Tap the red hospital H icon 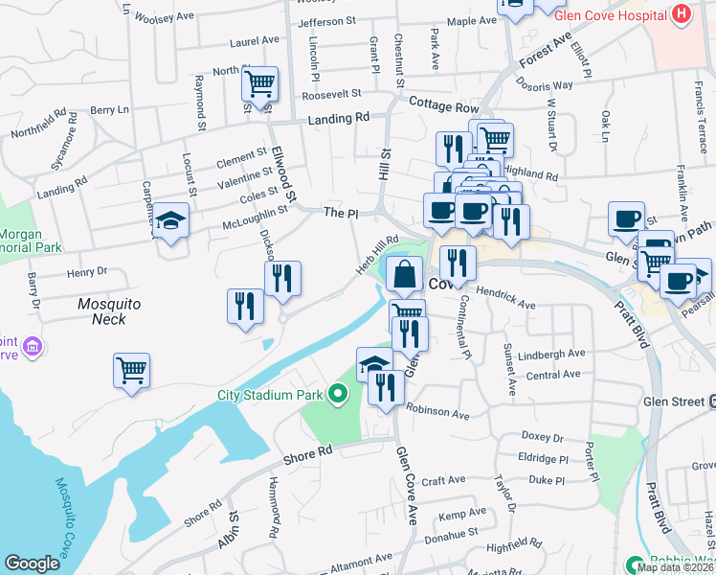[x=682, y=14]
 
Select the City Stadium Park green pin [x=337, y=393]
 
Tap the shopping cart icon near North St [x=259, y=84]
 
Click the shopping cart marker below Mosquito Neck [x=131, y=369]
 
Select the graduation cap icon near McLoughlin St [x=171, y=221]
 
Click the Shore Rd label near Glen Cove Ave [x=306, y=450]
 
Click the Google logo [x=33, y=563]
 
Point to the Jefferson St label [x=327, y=20]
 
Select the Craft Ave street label [x=443, y=479]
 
